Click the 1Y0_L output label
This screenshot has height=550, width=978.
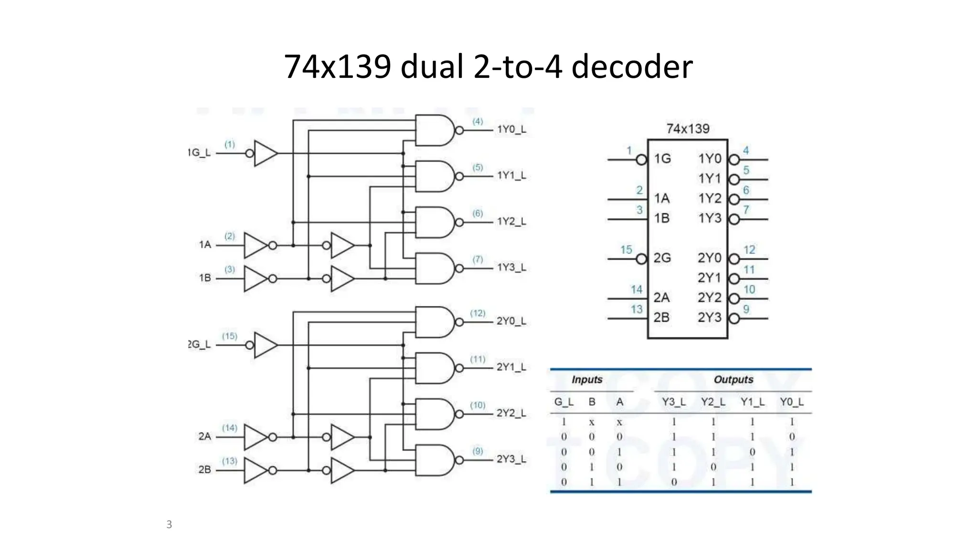point(511,129)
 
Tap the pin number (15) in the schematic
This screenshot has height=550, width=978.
point(229,336)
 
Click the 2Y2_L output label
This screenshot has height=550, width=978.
point(511,413)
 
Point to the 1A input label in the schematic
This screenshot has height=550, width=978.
point(205,245)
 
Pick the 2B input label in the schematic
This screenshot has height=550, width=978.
point(204,470)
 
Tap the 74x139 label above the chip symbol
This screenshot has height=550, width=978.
point(688,128)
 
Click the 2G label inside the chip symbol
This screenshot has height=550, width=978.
point(662,258)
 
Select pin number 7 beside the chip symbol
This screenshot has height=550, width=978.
point(746,210)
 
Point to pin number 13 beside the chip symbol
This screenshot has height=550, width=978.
point(637,309)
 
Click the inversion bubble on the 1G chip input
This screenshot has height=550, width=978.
point(641,159)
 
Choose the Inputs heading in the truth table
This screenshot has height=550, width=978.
point(587,380)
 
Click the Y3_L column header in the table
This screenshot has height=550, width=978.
point(673,402)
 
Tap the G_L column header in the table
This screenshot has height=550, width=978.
point(563,402)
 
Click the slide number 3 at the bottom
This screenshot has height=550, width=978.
point(169,524)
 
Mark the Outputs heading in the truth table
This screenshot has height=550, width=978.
point(733,380)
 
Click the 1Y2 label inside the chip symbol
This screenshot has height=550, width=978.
point(710,199)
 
